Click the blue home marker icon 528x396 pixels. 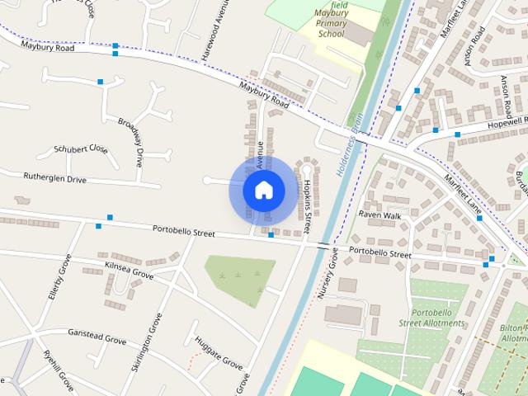[263, 190]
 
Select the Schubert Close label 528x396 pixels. [81, 149]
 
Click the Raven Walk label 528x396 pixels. [379, 214]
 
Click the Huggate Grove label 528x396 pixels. [219, 353]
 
